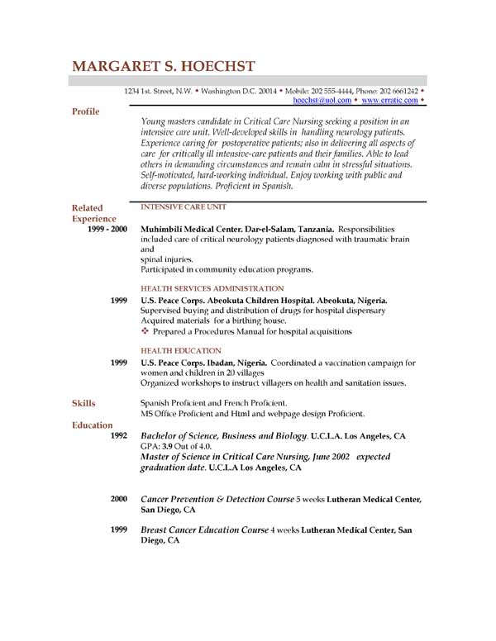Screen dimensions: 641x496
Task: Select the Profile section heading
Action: click(x=86, y=110)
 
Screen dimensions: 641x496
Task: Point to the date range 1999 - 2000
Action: click(x=107, y=229)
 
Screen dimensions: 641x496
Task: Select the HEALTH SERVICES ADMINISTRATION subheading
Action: click(x=205, y=287)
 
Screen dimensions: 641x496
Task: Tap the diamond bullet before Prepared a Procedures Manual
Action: click(x=145, y=331)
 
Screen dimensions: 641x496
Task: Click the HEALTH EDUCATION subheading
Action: click(x=180, y=350)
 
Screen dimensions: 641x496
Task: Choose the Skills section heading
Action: click(x=83, y=402)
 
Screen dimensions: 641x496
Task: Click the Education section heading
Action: click(x=92, y=425)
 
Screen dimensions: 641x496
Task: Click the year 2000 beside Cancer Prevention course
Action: click(x=118, y=499)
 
